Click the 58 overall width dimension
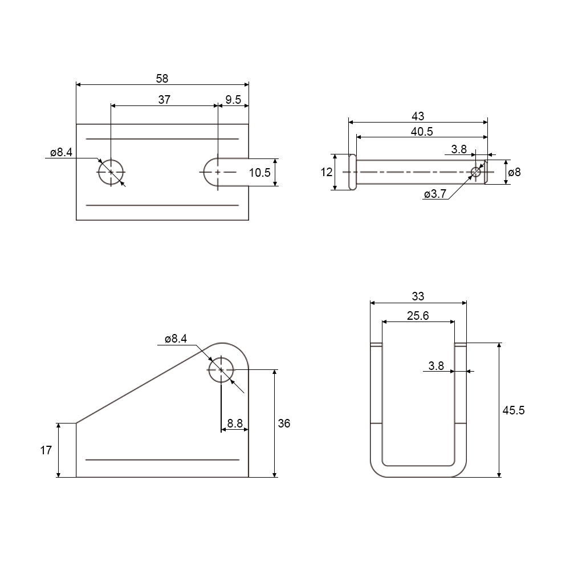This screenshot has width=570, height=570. coord(162,79)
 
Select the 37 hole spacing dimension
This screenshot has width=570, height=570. coord(164,100)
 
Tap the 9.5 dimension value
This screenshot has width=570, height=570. coord(233,100)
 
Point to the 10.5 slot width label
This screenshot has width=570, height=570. coord(259,173)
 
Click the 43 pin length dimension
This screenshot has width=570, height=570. coord(418,116)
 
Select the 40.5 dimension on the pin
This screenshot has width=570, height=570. coord(422,132)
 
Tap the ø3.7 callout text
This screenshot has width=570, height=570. coord(435,194)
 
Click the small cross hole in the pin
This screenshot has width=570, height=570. coord(476,172)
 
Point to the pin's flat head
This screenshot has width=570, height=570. coord(352,172)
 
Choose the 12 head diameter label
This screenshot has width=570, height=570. coord(327,172)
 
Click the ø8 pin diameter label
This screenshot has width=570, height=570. coord(514,172)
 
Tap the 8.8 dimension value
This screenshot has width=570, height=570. coord(235,424)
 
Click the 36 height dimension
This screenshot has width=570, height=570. coord(284,424)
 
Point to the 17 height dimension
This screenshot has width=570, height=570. coord(46,450)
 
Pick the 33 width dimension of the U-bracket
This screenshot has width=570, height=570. coord(418,296)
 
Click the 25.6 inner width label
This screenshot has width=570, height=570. coord(418,316)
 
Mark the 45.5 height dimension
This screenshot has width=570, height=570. coord(514,410)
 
